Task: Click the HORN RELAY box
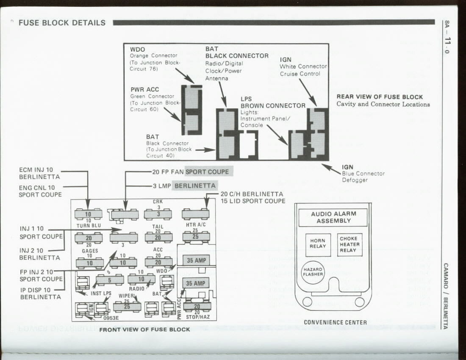coord(317,244)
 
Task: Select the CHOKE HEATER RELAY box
coord(349,244)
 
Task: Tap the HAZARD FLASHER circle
coord(313,271)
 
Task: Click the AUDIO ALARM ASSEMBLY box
coord(333,217)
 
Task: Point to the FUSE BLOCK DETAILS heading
coord(62,23)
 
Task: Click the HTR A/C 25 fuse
coord(196,237)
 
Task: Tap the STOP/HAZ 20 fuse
coord(197,306)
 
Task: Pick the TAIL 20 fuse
coord(158,238)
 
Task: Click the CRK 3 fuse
coord(158,214)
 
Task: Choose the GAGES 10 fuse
coord(89,263)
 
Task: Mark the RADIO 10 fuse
coord(141,279)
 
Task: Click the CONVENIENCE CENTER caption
coord(335,322)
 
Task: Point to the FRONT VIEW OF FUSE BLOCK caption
coord(144,330)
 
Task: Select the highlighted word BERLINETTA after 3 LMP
coord(195,186)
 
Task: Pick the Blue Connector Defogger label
coord(363,177)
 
